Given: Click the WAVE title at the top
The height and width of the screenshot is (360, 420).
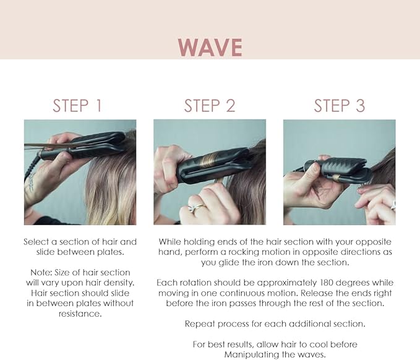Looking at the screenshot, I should [210, 47].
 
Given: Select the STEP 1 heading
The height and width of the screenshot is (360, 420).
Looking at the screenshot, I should [77, 105].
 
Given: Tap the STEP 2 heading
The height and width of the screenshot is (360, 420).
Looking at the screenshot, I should [210, 105].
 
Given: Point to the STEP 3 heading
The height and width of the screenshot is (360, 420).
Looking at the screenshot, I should [340, 105].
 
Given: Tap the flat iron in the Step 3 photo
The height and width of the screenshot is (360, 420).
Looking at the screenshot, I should [337, 170].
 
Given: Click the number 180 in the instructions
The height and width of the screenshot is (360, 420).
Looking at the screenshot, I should [313, 283].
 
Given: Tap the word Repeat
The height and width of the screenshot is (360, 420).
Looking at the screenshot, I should [200, 324].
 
